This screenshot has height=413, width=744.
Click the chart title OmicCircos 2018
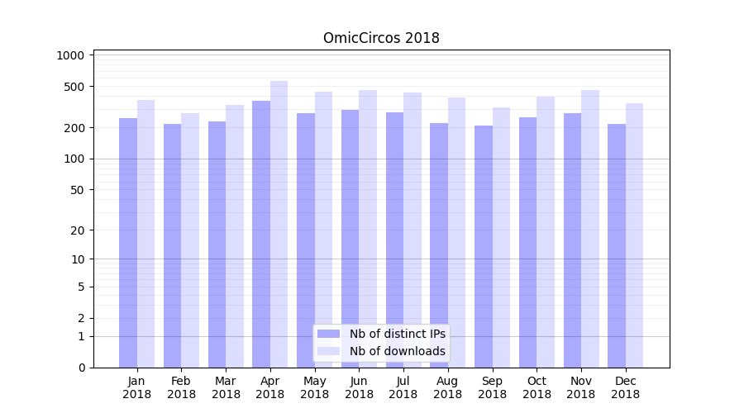[381, 38]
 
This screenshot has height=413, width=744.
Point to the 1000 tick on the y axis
[71, 55]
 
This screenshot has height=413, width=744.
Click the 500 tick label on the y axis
[74, 87]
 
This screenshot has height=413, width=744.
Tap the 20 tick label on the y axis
[77, 230]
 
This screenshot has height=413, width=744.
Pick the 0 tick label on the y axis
[80, 368]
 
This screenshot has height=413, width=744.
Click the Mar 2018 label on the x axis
[226, 387]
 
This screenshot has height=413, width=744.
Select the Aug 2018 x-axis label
[447, 387]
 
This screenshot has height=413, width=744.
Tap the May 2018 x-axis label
[314, 387]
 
